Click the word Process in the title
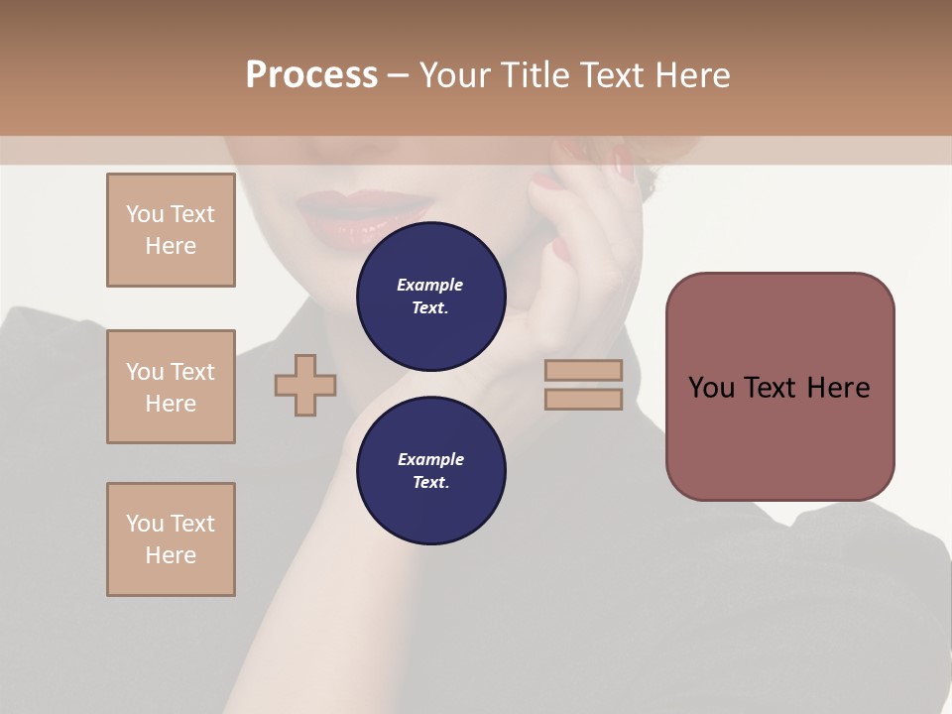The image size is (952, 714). pos(311,75)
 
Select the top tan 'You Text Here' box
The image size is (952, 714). pos(171,230)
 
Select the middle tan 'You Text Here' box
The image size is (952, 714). pos(171,387)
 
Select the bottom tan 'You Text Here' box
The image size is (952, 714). pos(171,539)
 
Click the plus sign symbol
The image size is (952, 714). pos(305,384)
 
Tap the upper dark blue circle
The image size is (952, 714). pos(430,297)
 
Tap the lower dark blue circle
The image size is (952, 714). pos(430,471)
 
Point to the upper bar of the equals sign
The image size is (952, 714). pos(583,370)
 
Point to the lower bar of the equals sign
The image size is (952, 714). pos(583,400)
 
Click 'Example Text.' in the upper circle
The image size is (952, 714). pos(430,297)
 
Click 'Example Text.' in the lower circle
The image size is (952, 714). pos(430,471)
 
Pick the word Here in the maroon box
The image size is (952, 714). pos(838,388)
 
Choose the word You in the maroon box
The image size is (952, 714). pos(712,388)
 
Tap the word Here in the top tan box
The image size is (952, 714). pos(171,246)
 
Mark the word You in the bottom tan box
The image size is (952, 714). pos(144,524)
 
